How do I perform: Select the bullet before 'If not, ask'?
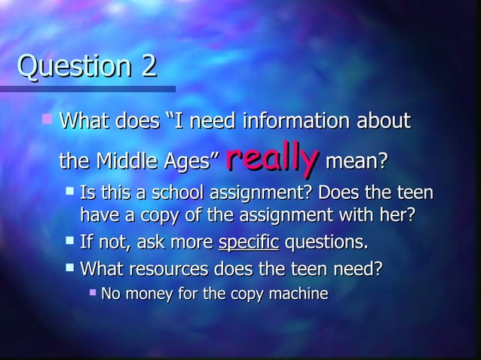(69, 242)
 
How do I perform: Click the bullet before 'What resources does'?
(69, 267)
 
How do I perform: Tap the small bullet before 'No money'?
(92, 292)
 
